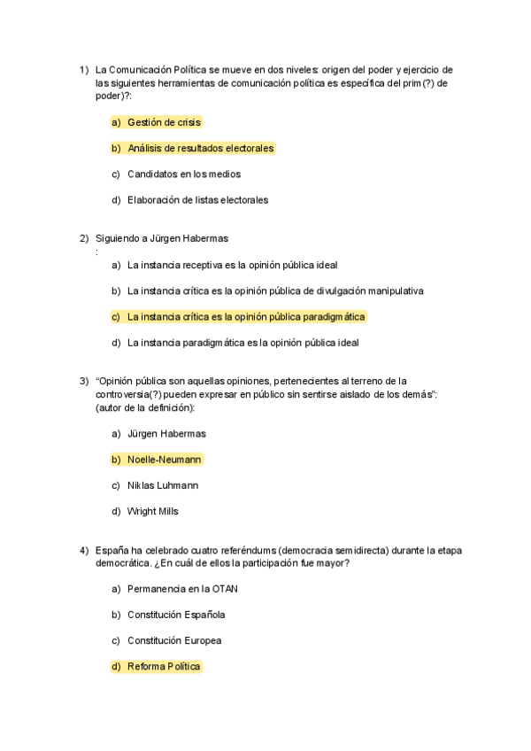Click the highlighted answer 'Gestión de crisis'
tap(164, 122)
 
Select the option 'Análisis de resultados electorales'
tap(200, 148)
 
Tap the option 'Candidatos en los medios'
tap(183, 174)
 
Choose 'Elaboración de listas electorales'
tap(197, 199)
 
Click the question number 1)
tap(84, 70)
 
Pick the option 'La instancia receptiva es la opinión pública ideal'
tap(232, 265)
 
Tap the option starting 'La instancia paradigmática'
tap(242, 342)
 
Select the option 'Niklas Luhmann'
tap(163, 485)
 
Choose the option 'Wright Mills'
tap(153, 511)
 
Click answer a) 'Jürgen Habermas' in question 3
tap(166, 434)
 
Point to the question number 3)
tap(84, 381)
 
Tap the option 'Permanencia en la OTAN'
tap(182, 589)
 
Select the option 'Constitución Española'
tap(176, 615)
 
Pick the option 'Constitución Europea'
tap(174, 640)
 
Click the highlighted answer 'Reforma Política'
tap(164, 666)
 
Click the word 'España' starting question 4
tap(111, 550)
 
